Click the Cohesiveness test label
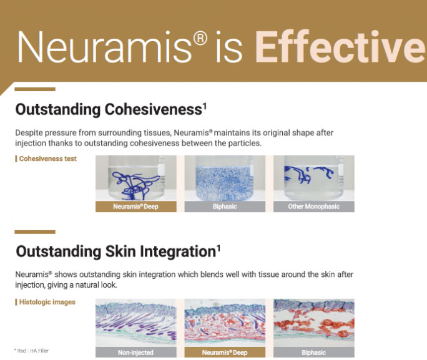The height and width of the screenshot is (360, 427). point(47,158)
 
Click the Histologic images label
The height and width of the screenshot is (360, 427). point(47,302)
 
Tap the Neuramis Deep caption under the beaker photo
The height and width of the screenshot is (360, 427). point(135,207)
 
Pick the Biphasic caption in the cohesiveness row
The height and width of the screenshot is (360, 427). point(225,207)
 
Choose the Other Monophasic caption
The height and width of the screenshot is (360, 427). point(313,207)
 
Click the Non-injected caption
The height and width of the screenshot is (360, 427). point(135,353)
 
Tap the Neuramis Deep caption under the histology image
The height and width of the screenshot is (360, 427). point(225,353)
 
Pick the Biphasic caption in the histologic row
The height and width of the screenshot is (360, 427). point(313,353)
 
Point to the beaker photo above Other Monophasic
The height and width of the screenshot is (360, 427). point(313,178)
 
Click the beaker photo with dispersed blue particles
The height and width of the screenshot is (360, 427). point(225,178)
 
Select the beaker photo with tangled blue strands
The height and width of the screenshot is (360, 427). point(135,178)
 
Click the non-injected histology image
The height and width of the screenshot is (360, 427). point(135,323)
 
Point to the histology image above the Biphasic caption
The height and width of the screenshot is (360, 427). point(313,323)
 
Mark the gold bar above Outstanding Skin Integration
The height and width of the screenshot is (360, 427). point(35,231)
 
